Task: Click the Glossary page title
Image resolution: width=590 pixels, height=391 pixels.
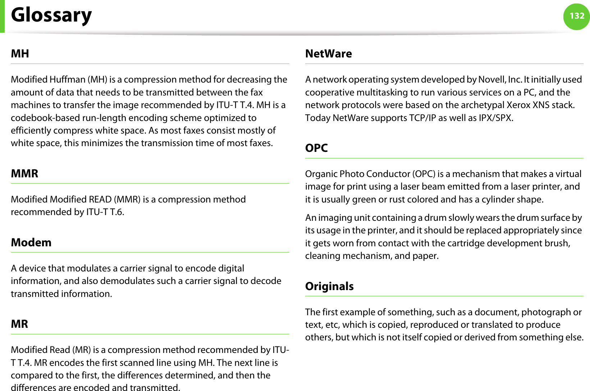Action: pyautogui.click(x=51, y=15)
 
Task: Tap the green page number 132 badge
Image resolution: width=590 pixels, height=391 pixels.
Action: pyautogui.click(x=577, y=16)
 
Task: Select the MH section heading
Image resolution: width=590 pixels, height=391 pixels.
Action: pyautogui.click(x=20, y=54)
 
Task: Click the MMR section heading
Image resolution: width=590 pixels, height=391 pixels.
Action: pyautogui.click(x=24, y=174)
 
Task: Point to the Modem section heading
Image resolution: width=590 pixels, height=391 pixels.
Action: pyautogui.click(x=31, y=243)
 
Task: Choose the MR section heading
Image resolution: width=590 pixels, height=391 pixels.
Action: pyautogui.click(x=19, y=324)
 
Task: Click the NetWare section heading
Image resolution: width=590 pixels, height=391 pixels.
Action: pyautogui.click(x=329, y=54)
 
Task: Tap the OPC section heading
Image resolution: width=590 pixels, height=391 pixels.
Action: pyautogui.click(x=316, y=148)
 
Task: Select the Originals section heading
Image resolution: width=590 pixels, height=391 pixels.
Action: pyautogui.click(x=329, y=287)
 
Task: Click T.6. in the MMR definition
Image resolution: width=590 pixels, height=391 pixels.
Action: pyautogui.click(x=117, y=212)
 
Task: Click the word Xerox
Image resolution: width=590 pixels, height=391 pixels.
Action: pyautogui.click(x=518, y=105)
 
